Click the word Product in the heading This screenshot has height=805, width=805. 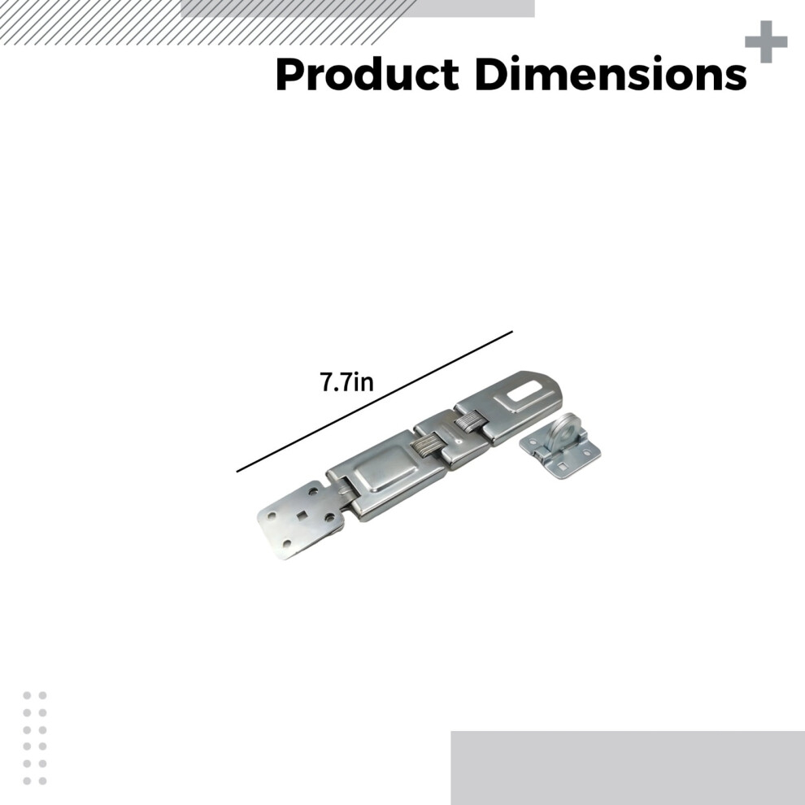(367, 75)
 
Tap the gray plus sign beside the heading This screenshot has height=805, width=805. (766, 41)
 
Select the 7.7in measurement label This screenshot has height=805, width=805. (346, 382)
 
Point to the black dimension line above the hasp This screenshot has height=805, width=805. (374, 401)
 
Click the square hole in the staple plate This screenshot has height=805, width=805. (564, 467)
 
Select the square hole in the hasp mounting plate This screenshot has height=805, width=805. (302, 515)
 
